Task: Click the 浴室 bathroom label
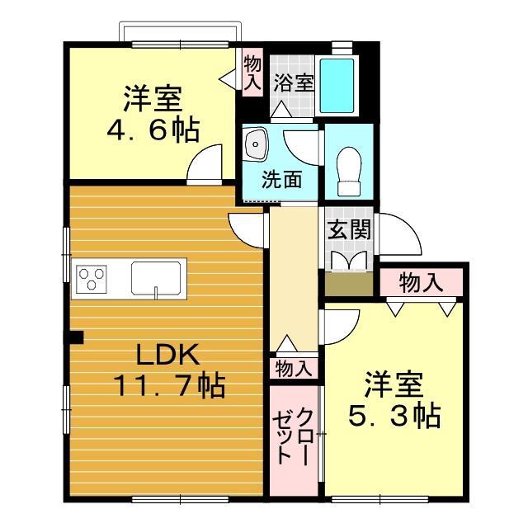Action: coord(295,83)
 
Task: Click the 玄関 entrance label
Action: coord(346,231)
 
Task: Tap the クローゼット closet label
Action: coord(293,436)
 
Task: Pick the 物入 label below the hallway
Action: coord(293,368)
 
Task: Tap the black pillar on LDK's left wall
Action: coord(76,337)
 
